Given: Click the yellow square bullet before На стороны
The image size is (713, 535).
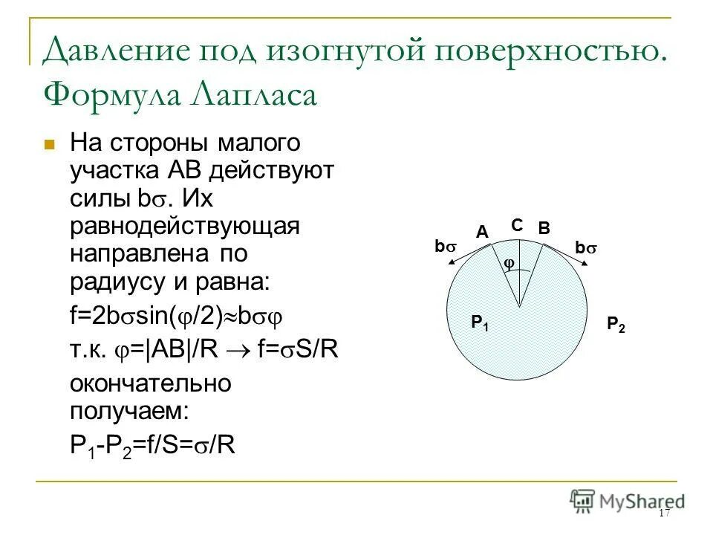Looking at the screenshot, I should click(x=51, y=144).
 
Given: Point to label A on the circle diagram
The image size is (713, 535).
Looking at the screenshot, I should click(x=482, y=233).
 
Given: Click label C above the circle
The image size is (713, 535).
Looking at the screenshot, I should click(x=518, y=224).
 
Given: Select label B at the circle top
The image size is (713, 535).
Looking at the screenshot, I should click(x=544, y=230).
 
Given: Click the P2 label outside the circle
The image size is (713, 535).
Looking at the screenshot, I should click(x=616, y=324).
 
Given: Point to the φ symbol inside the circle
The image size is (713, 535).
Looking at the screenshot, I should click(x=509, y=264).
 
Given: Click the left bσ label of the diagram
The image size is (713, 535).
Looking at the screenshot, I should click(x=445, y=246).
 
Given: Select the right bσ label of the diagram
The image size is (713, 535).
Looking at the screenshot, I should click(x=586, y=249).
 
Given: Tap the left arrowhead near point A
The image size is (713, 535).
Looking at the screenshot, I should click(x=452, y=262).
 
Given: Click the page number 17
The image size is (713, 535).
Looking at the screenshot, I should click(x=664, y=514).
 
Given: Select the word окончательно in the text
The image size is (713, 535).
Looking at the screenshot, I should click(x=150, y=383).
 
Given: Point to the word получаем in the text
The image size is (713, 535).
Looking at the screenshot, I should click(x=131, y=409).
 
